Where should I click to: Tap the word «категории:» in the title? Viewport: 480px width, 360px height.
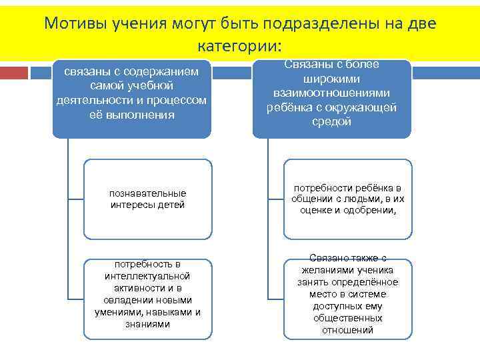pyautogui.click(x=240, y=47)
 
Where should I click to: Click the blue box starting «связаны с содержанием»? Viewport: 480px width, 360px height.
pyautogui.click(x=131, y=99)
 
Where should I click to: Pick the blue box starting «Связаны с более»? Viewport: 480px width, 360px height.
pyautogui.click(x=331, y=99)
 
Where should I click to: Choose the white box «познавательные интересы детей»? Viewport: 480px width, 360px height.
pyautogui.click(x=147, y=199)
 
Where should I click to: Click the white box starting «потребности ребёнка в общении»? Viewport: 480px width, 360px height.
pyautogui.click(x=348, y=199)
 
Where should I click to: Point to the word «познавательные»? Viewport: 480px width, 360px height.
pyautogui.click(x=147, y=193)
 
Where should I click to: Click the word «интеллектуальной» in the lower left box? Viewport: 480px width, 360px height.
pyautogui.click(x=147, y=276)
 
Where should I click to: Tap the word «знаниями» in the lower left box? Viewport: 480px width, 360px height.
pyautogui.click(x=147, y=324)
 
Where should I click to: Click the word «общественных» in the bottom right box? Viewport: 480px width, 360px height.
pyautogui.click(x=347, y=318)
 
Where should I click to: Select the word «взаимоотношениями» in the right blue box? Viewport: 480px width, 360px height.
pyautogui.click(x=331, y=92)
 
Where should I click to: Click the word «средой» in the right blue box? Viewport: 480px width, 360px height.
pyautogui.click(x=331, y=121)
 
